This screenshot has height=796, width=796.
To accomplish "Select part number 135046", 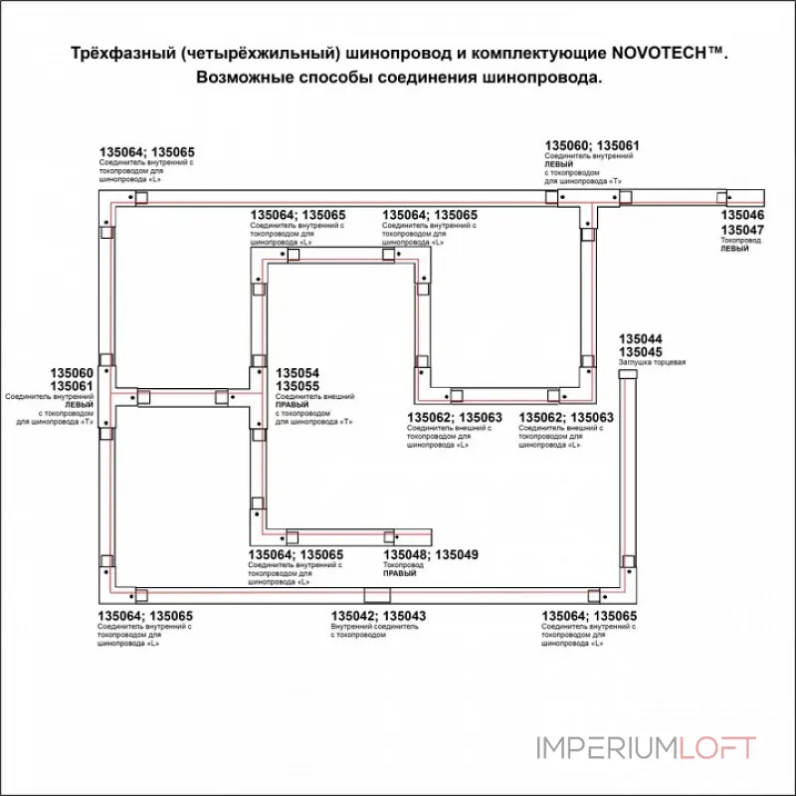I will pyautogui.click(x=742, y=216).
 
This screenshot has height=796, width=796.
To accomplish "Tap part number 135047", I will pyautogui.click(x=742, y=230).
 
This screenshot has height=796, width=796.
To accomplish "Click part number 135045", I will pyautogui.click(x=641, y=352).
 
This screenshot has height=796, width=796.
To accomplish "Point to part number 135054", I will pyautogui.click(x=297, y=374).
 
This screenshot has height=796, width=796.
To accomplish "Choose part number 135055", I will pyautogui.click(x=297, y=387).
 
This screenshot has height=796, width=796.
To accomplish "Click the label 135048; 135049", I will pyautogui.click(x=431, y=554).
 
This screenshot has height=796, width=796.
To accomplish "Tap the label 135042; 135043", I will pyautogui.click(x=378, y=617).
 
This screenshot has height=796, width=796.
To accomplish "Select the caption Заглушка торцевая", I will pyautogui.click(x=653, y=363).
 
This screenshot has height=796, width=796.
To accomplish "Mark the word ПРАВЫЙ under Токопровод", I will pyautogui.click(x=399, y=575).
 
